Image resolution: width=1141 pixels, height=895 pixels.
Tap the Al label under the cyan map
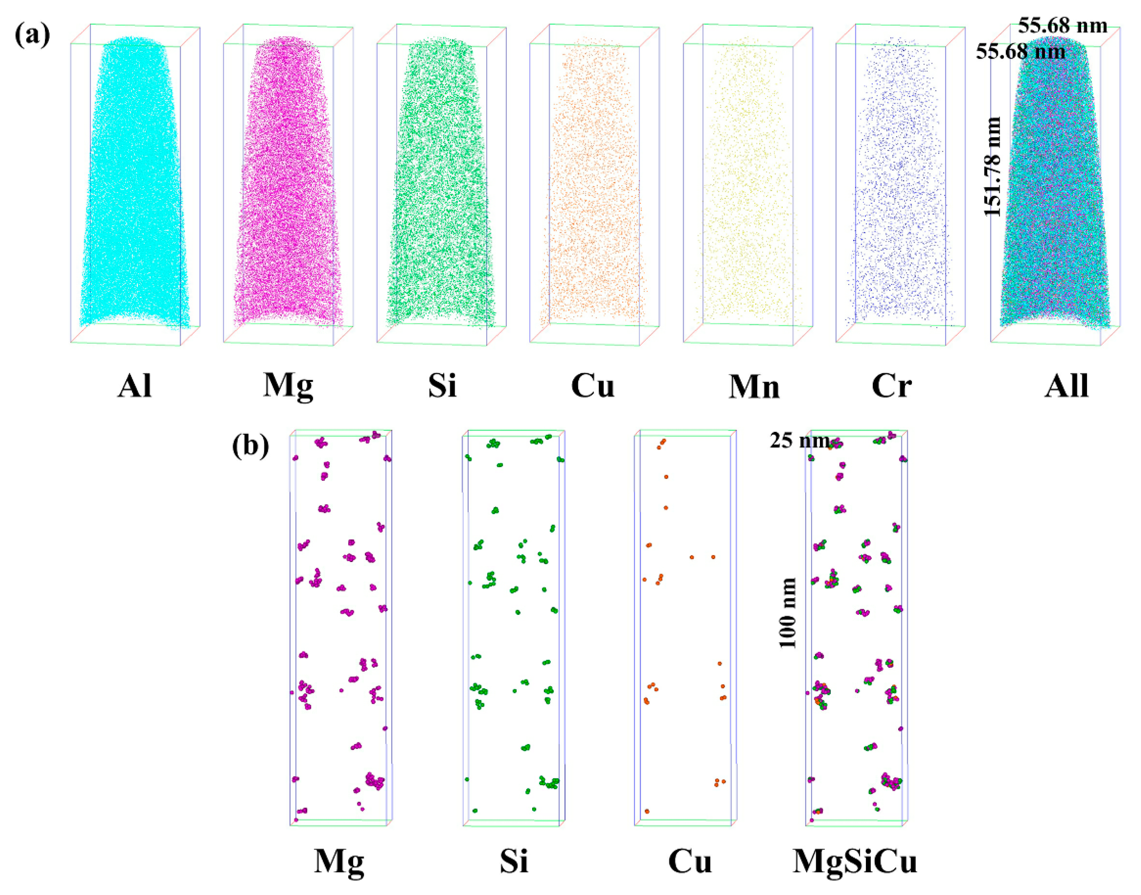click(x=135, y=387)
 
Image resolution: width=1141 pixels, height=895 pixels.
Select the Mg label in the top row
click(x=288, y=387)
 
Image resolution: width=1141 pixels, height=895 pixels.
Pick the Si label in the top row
click(x=442, y=387)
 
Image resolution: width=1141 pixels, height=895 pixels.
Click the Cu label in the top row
click(x=592, y=387)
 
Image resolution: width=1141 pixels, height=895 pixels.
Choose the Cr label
click(x=892, y=387)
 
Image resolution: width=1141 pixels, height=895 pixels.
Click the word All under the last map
click(x=1067, y=387)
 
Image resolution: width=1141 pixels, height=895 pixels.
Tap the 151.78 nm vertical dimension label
click(x=992, y=166)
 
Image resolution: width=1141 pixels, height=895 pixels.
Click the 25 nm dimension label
click(x=799, y=441)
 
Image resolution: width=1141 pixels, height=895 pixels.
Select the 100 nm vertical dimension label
click(x=787, y=613)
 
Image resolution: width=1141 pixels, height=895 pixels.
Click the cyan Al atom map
click(x=134, y=183)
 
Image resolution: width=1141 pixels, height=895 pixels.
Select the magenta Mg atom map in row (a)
click(x=287, y=183)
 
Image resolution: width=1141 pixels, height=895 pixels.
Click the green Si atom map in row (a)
click(x=440, y=183)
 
